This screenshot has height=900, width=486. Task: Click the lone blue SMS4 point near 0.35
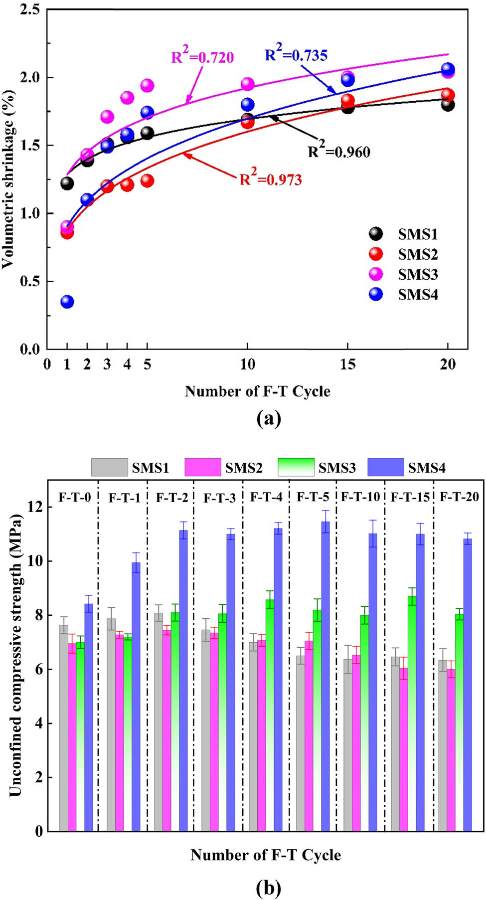67,302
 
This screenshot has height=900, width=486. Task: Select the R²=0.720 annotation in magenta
202,57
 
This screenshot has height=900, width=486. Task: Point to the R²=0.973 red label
271,179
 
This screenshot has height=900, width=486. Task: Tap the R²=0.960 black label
339,151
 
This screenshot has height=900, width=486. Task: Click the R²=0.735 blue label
296,54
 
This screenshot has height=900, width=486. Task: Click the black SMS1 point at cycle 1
67,183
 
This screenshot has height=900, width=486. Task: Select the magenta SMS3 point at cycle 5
147,85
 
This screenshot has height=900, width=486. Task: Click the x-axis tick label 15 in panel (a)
347,364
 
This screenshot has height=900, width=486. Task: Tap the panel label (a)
269,418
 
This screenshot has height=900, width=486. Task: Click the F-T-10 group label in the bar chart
360,497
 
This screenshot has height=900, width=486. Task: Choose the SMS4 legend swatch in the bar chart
385,468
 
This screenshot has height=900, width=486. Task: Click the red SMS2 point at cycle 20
448,95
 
